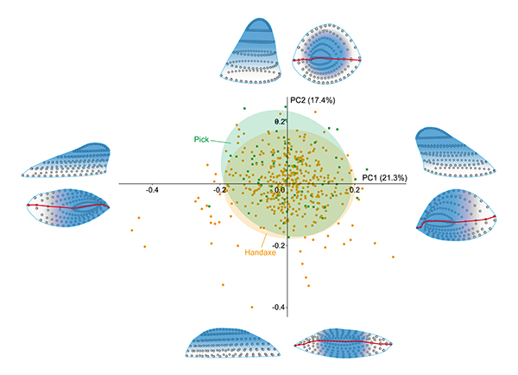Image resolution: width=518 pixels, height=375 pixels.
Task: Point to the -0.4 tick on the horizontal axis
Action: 152,189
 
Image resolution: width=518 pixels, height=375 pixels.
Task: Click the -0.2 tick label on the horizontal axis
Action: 221,189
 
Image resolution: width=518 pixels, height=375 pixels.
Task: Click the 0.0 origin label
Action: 280,189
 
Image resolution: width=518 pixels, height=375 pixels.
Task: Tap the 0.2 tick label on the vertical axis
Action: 279,122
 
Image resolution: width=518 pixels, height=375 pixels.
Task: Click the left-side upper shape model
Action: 69,161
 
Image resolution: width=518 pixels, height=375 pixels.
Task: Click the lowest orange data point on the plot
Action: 251,306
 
